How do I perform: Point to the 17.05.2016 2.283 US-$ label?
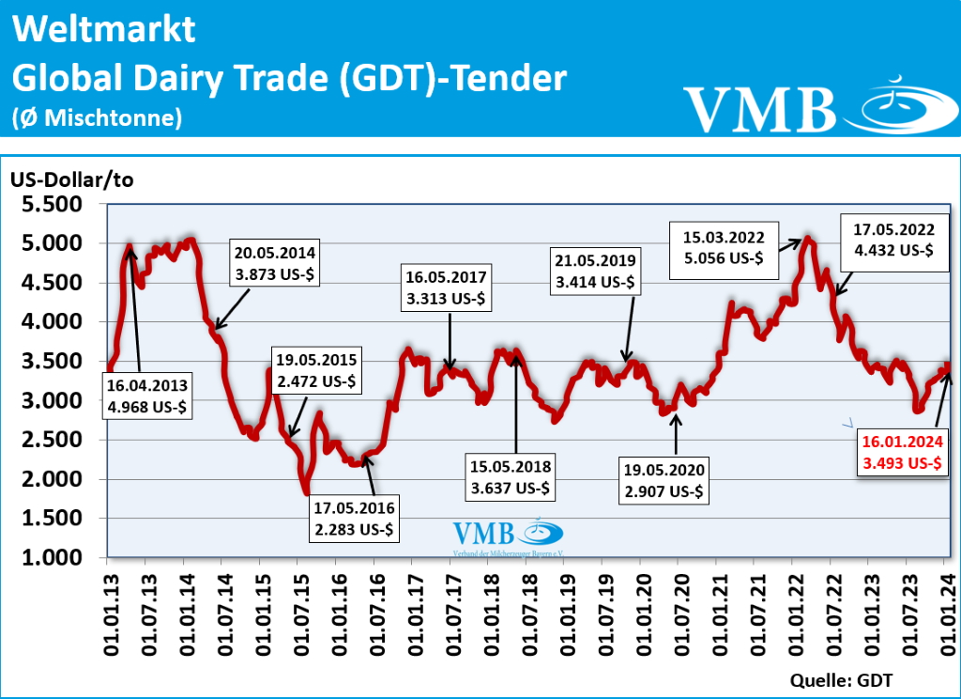click(x=356, y=519)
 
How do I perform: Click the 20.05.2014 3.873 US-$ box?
click(x=275, y=262)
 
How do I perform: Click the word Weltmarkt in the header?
click(x=104, y=30)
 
